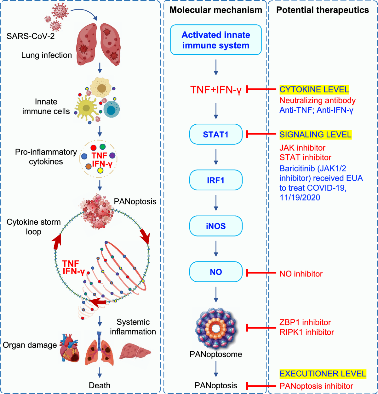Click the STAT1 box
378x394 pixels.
(x=216, y=134)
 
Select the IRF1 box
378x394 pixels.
(x=216, y=180)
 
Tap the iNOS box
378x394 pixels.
(x=216, y=226)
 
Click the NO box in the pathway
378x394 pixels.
(x=216, y=272)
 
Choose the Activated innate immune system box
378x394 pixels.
(x=216, y=40)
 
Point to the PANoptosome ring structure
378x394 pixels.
(x=216, y=329)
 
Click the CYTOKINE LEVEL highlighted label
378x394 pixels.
(x=314, y=89)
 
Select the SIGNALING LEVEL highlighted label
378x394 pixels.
(x=315, y=134)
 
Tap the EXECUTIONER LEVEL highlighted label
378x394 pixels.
(x=323, y=374)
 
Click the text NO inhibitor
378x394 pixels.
(x=301, y=274)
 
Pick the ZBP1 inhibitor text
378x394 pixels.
(x=305, y=322)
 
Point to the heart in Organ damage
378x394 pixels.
(x=70, y=348)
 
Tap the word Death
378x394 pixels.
(x=100, y=385)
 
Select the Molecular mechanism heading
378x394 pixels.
(x=216, y=10)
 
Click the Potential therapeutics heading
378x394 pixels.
(x=323, y=10)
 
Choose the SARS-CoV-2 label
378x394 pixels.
(x=31, y=36)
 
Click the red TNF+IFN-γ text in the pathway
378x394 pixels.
(x=216, y=90)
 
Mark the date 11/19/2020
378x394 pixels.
(x=300, y=198)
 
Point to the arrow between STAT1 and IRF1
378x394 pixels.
(x=216, y=157)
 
